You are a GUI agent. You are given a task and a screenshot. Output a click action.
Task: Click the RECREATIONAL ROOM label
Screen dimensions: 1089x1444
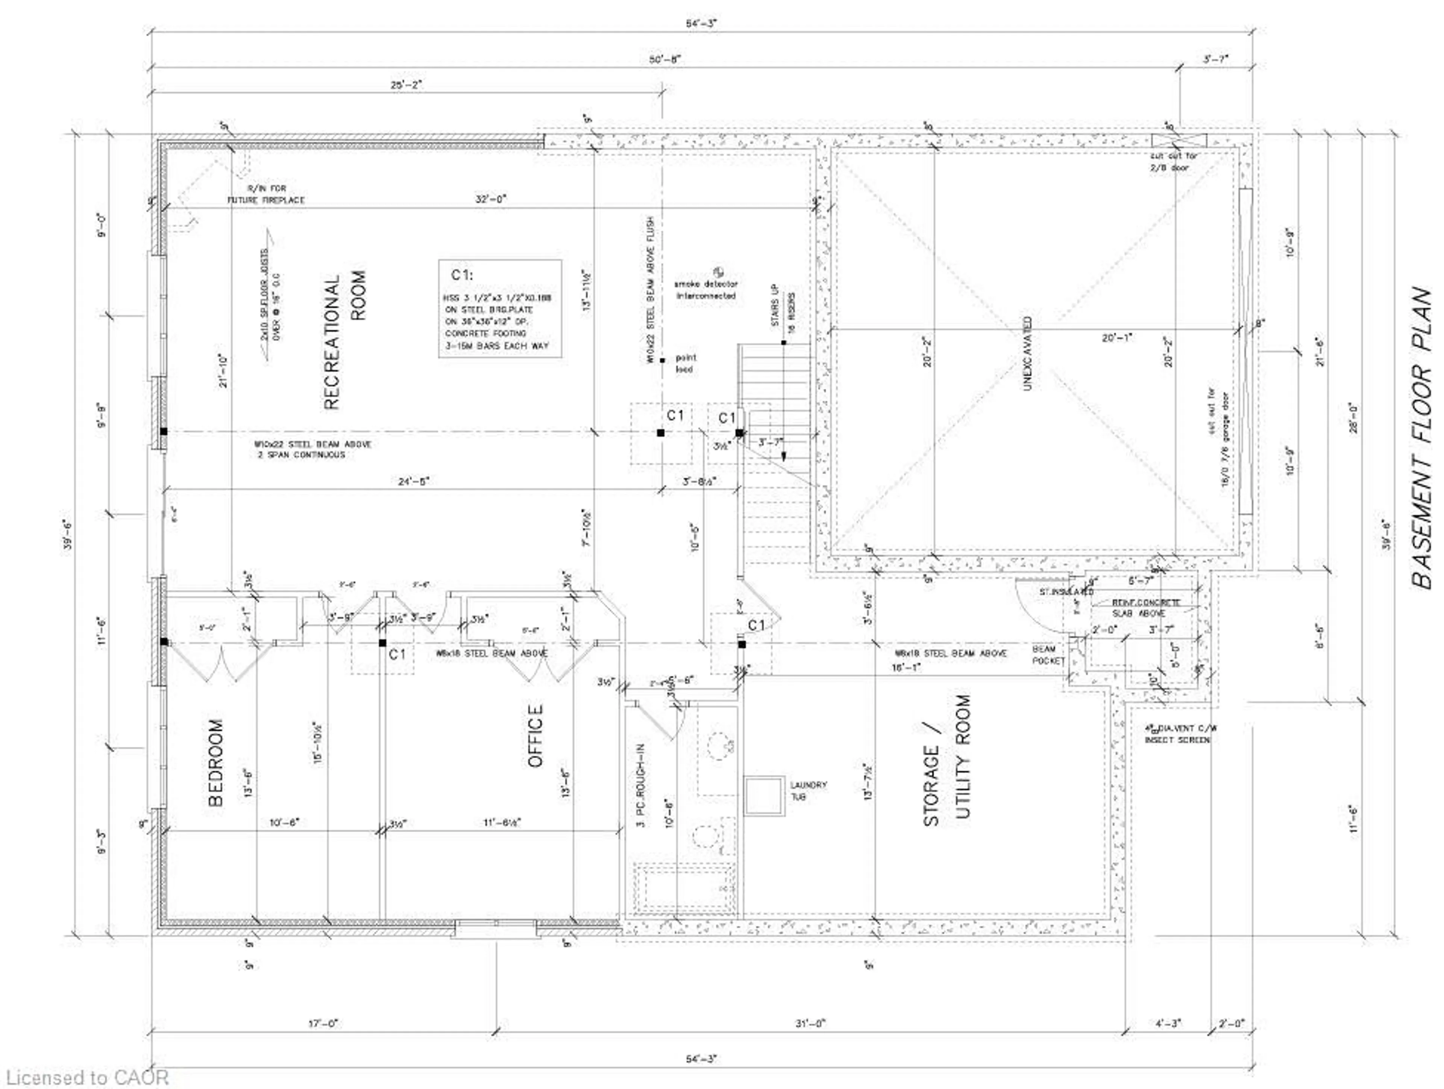point(345,340)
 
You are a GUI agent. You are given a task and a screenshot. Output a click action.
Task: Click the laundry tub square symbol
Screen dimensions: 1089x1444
point(764,795)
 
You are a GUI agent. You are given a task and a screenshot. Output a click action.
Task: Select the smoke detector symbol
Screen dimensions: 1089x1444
point(719,271)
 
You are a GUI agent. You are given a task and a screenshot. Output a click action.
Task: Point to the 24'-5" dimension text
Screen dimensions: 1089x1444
point(414,482)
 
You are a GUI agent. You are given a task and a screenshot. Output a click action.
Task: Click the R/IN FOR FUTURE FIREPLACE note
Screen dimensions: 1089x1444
point(266,194)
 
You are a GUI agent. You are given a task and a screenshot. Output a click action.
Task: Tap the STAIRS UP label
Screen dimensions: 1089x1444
point(775,305)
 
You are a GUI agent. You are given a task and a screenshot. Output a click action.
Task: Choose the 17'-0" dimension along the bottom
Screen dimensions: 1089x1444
point(323,1024)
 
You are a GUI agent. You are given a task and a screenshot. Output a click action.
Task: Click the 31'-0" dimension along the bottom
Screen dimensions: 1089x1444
point(810,1024)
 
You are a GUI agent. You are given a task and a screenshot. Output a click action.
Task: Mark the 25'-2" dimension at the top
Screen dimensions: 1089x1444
point(406,85)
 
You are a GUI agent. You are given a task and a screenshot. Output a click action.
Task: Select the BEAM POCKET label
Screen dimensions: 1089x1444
point(1048,655)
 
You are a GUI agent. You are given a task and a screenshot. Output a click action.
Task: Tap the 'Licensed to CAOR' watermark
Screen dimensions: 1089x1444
point(85,1077)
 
